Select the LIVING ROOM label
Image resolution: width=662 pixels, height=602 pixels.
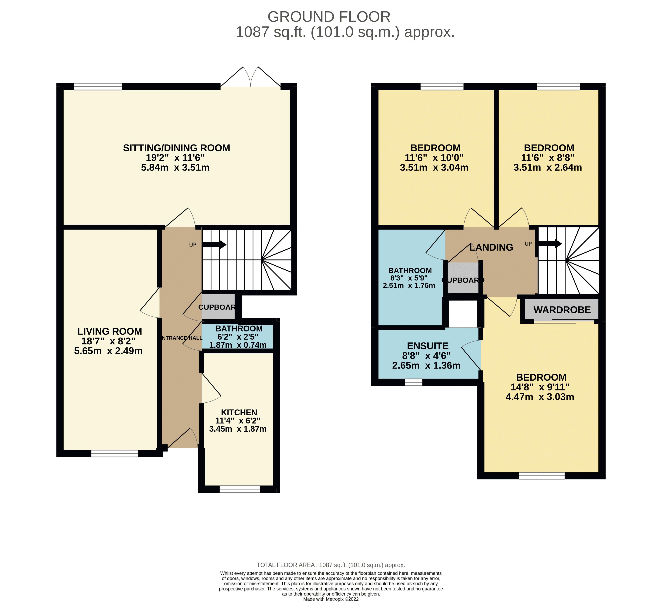110,331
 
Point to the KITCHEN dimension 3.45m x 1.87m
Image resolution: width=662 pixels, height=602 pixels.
238,429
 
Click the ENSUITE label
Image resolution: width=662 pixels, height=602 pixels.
428,346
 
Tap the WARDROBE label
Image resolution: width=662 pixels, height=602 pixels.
562,310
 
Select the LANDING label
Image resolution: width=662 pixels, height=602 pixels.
491,247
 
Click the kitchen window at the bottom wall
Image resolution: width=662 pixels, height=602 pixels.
239,489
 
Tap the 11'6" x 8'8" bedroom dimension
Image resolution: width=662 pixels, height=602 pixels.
548,158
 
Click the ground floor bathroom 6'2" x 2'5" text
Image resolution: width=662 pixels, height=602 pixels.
238,337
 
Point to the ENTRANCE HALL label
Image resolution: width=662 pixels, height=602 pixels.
182,338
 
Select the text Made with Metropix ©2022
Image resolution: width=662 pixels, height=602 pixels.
331,599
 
